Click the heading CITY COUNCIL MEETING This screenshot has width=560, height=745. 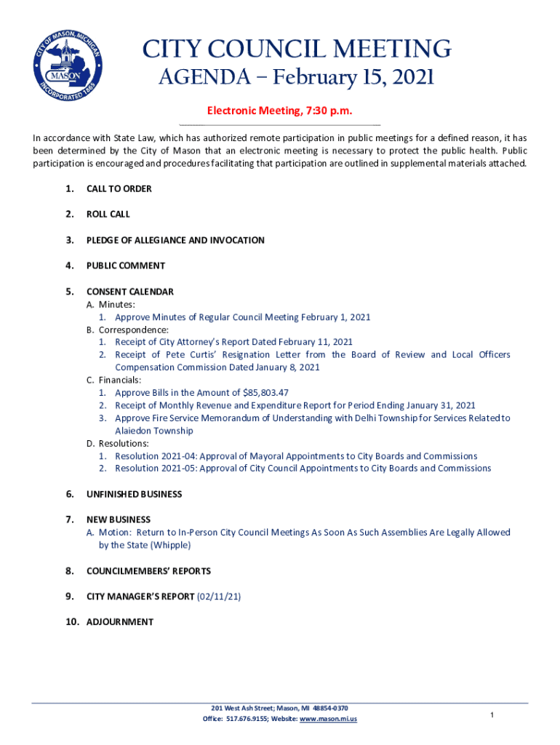296,49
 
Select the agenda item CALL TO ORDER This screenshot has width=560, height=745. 119,189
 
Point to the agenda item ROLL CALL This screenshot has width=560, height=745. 108,215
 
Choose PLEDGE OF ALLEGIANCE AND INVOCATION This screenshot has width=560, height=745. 175,240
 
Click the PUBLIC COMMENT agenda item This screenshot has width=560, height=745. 125,266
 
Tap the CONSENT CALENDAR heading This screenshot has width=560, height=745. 129,292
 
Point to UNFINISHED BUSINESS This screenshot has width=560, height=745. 134,494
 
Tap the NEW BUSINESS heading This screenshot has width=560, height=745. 119,519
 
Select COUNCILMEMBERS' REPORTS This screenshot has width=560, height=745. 148,571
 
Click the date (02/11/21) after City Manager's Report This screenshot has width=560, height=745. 219,597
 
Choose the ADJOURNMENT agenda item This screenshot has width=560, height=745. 120,622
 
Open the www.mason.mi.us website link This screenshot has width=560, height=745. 328,720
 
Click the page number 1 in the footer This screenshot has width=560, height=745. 492,716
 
